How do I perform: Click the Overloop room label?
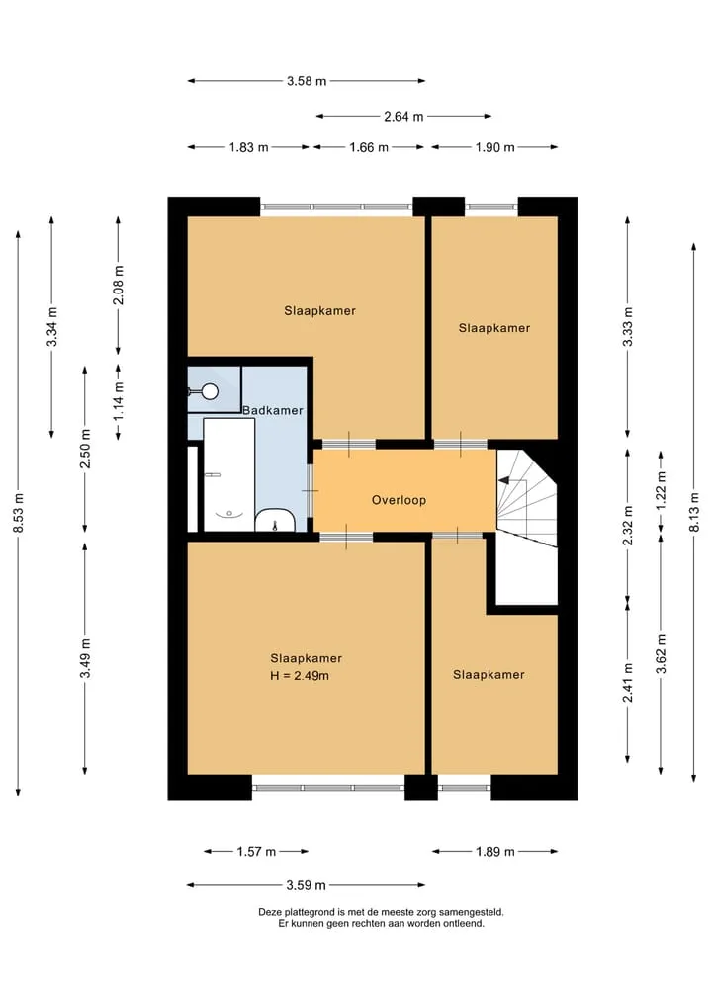point(399,500)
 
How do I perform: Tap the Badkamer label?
point(273,410)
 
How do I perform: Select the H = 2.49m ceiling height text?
point(300,676)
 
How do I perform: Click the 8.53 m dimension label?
point(19,512)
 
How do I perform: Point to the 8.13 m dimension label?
point(694,512)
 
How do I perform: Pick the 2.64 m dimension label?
point(403,116)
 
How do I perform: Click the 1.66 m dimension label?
point(369,147)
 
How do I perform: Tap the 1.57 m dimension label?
point(256,851)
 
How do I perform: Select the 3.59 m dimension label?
point(306,885)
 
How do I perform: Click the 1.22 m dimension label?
point(662,490)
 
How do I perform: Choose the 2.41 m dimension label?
point(628,682)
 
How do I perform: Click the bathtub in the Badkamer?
point(229,474)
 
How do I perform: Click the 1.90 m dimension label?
point(494,147)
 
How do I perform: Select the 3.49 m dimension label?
point(85,657)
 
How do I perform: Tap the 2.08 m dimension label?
point(119,285)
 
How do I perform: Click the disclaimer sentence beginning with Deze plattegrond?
point(381,912)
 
